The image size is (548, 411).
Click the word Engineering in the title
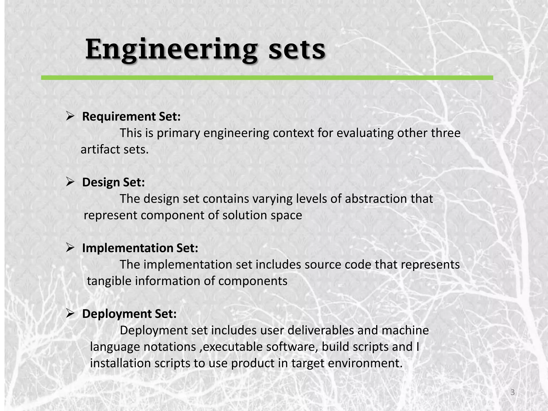point(171,50)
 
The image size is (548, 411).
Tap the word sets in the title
point(297,50)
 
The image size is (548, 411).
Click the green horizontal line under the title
point(267,78)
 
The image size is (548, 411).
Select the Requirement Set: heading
point(131,117)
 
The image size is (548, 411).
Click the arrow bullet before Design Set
point(70,182)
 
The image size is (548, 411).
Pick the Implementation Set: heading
point(140,248)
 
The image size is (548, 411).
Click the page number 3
point(512,392)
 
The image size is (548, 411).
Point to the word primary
point(178,133)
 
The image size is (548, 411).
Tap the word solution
point(245,215)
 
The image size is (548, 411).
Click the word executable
point(233,347)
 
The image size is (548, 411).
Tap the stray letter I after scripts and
point(418,347)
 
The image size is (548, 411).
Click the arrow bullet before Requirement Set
point(70,116)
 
